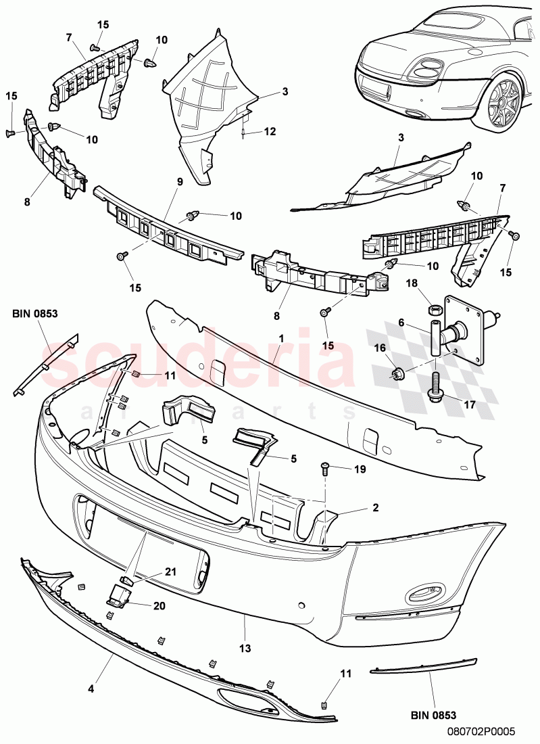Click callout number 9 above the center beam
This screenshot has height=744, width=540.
coord(180,181)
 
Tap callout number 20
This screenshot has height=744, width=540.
coord(159,605)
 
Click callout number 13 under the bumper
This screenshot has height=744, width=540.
coord(245,647)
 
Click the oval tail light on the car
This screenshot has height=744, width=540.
coord(426,68)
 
